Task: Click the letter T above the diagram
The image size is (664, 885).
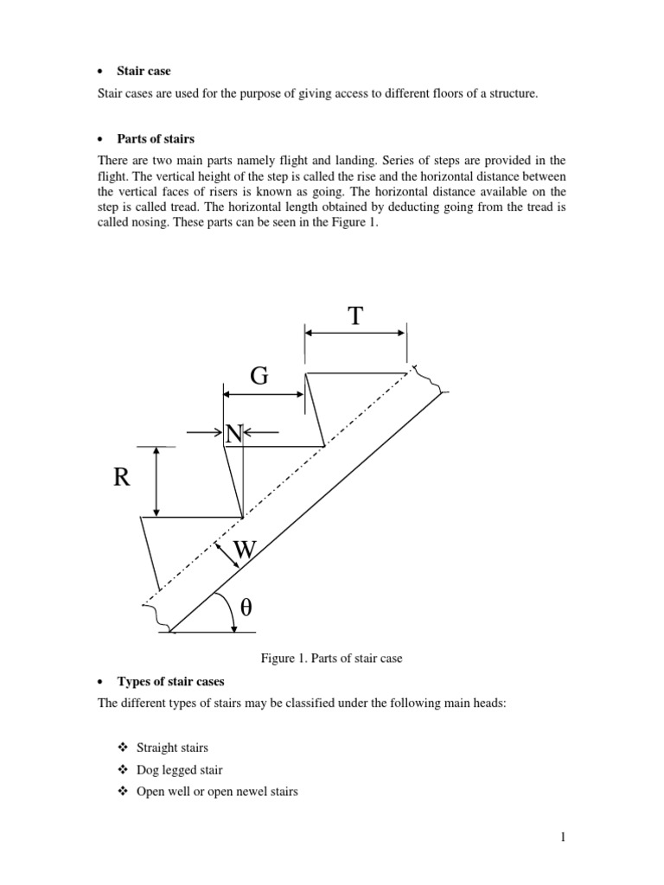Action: tap(354, 316)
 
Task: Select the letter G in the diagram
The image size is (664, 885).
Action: tap(259, 376)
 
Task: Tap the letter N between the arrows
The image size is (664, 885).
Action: tap(233, 434)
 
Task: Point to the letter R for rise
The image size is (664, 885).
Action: tap(122, 478)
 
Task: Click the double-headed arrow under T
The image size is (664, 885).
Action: tap(355, 332)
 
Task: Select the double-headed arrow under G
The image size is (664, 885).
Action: tap(264, 393)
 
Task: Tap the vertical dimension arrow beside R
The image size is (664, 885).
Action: tap(156, 481)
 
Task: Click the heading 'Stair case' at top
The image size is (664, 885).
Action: tap(144, 70)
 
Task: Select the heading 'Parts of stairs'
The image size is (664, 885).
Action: tap(156, 139)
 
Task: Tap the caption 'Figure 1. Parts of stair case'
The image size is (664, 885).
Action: tap(332, 659)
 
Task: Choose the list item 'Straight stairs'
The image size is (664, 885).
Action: tap(172, 748)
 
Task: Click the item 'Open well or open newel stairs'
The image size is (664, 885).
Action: tap(217, 791)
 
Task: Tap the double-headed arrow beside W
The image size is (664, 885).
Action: tap(227, 553)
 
